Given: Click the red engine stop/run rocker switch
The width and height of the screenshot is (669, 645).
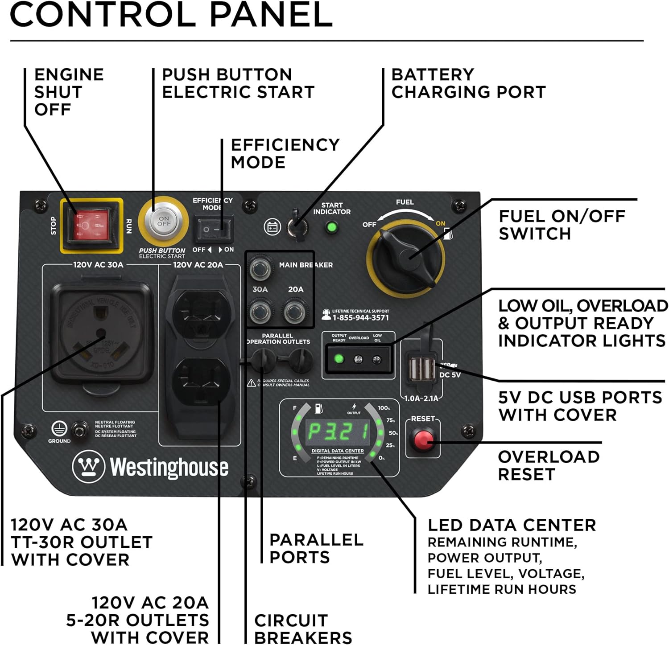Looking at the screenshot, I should [x=91, y=225].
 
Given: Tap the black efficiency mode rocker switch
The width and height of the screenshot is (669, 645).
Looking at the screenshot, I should [x=213, y=229].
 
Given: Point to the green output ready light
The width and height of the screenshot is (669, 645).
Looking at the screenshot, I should [x=339, y=358].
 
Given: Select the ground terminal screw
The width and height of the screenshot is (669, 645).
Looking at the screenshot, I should [x=80, y=430].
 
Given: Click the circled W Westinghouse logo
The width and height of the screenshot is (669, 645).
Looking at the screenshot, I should [x=88, y=466].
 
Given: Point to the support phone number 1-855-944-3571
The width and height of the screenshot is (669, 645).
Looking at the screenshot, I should [x=360, y=318].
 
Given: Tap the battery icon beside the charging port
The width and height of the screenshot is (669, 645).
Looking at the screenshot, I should [x=272, y=227].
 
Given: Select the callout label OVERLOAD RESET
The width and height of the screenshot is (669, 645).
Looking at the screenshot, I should [x=549, y=465].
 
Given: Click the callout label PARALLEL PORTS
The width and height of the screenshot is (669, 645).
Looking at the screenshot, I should [x=316, y=548].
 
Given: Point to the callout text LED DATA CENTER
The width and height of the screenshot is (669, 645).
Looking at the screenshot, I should [x=512, y=525].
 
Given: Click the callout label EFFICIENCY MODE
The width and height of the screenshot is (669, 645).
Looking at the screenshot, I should [x=285, y=153].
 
